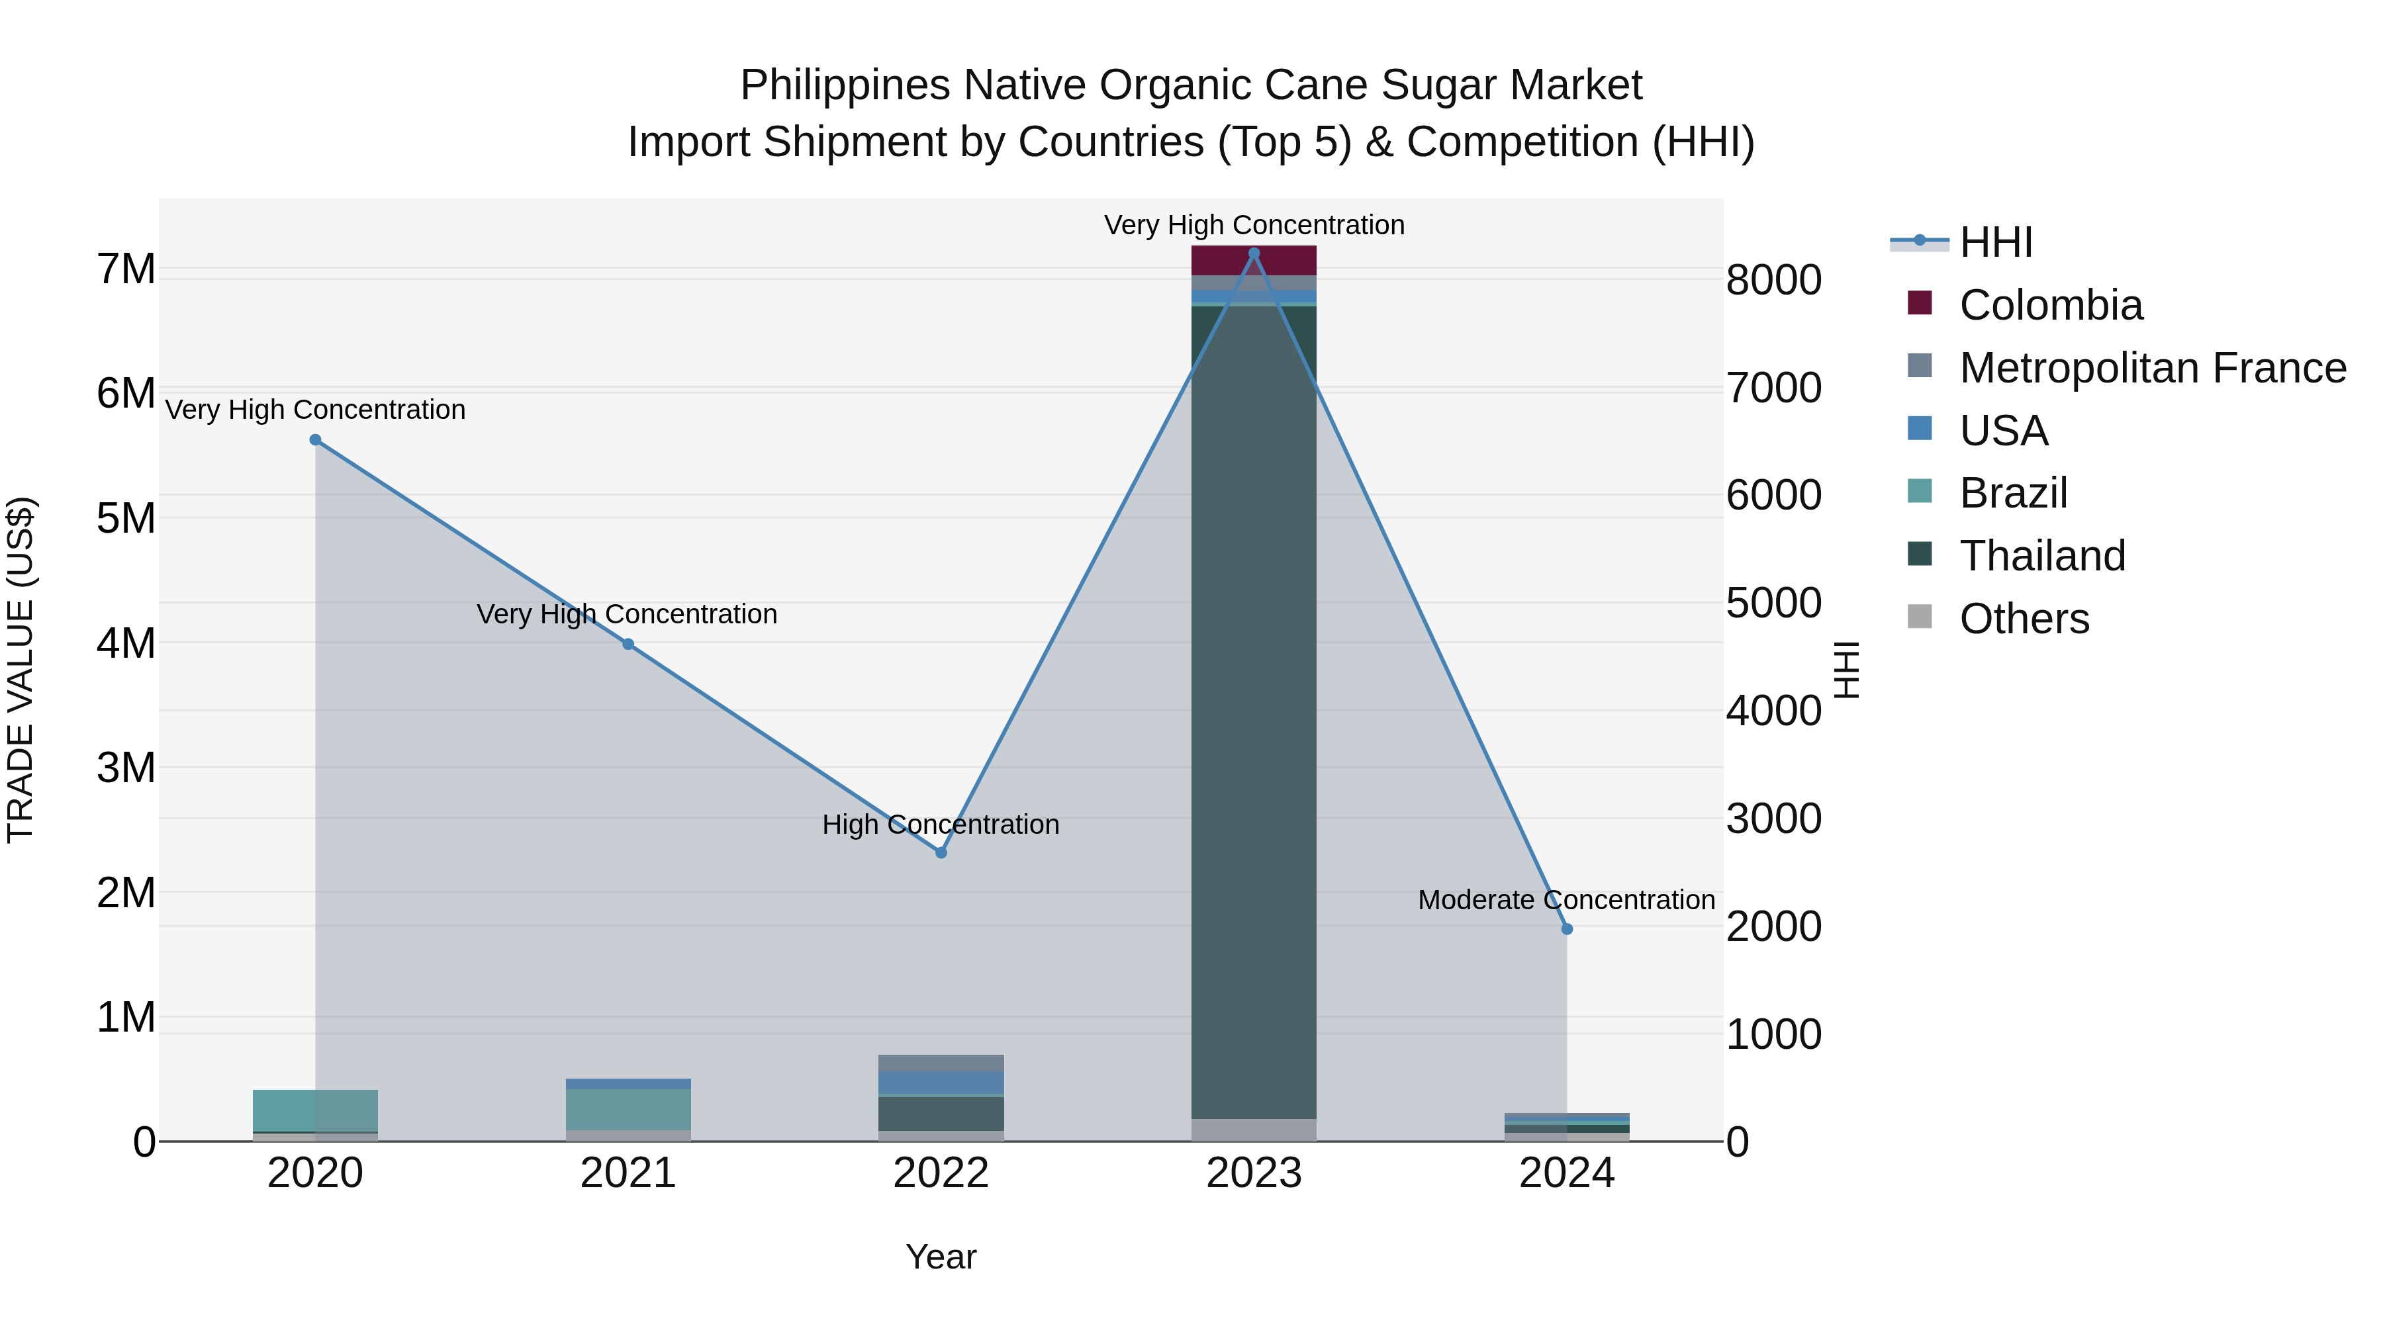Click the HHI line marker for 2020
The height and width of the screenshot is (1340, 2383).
(316, 440)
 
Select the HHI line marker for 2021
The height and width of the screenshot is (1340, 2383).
(628, 644)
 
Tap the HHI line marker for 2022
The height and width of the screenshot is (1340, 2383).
(941, 853)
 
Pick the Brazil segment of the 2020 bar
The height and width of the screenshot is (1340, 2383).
(316, 1110)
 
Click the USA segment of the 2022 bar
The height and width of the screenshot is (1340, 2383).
(941, 1082)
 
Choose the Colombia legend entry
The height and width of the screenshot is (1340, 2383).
(2050, 305)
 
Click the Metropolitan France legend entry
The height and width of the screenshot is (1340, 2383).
(2152, 368)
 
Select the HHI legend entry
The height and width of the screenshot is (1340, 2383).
(1995, 242)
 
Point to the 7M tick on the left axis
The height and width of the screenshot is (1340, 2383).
(126, 269)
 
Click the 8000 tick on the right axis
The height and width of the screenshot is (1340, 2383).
(1773, 279)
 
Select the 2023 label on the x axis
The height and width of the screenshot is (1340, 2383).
(1254, 1173)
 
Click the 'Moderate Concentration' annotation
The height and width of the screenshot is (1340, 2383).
(1566, 900)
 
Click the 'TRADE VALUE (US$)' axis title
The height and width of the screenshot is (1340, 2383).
(21, 670)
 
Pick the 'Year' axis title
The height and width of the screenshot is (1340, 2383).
(941, 1257)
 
